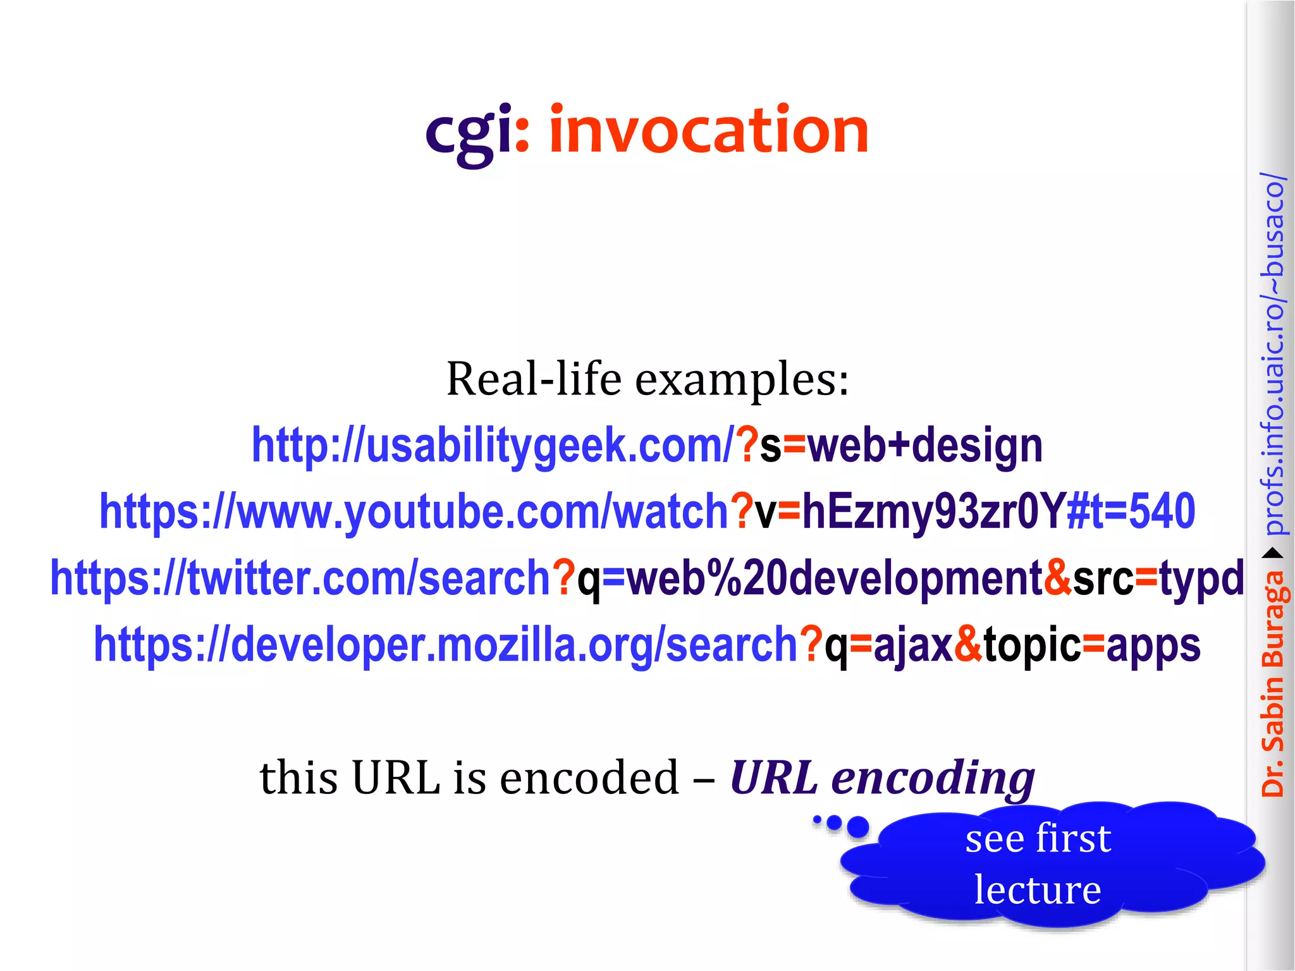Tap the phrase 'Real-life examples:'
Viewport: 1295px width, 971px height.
point(647,379)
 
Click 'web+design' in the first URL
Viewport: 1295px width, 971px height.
point(924,446)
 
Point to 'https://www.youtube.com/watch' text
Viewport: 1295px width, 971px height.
point(414,512)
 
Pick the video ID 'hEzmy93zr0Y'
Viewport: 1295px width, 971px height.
point(933,512)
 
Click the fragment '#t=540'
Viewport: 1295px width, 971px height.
point(1131,512)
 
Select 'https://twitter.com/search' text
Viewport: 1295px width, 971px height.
point(300,578)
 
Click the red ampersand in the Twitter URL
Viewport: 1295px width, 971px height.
point(1058,578)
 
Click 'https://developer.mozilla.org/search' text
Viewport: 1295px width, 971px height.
point(446,645)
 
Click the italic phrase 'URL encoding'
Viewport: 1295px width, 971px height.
point(882,778)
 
